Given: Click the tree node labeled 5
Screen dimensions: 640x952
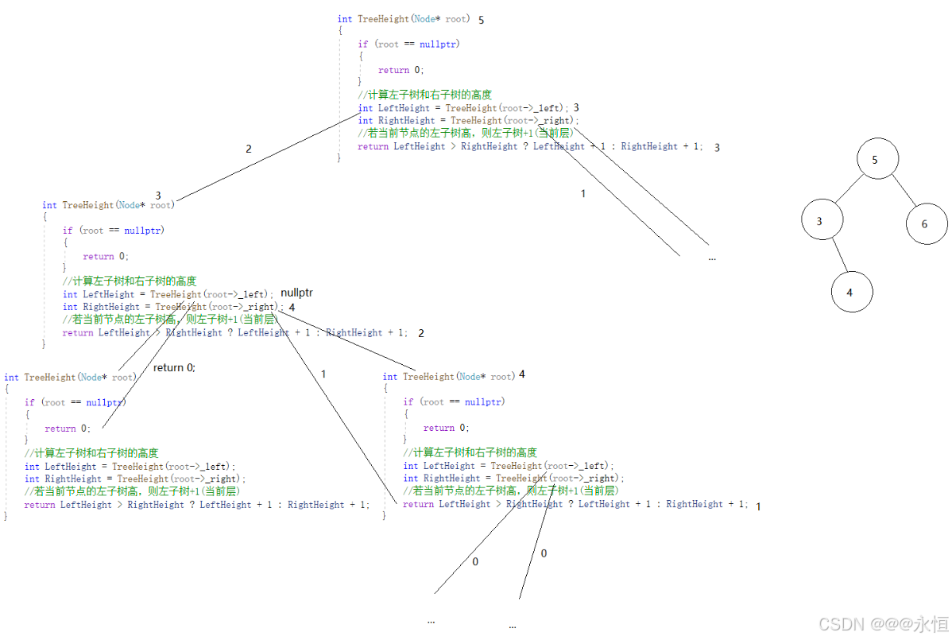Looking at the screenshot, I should (877, 160).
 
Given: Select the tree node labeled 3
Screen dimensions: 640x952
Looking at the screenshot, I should (821, 221).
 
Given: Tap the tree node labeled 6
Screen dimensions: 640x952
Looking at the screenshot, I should (926, 223).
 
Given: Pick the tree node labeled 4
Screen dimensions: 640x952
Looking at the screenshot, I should (851, 292).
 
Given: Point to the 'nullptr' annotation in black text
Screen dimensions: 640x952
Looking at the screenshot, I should (296, 293).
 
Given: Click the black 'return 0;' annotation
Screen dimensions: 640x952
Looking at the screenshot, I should (174, 367).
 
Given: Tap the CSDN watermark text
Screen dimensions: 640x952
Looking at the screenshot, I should (883, 624).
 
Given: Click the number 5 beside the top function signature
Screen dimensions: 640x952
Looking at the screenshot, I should (482, 19).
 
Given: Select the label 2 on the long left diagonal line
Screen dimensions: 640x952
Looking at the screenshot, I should (249, 149).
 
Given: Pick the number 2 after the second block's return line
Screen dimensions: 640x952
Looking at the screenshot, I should (421, 333).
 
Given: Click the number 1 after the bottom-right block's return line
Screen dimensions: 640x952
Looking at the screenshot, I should (758, 506).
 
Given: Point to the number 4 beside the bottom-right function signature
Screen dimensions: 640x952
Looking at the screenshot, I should (522, 374).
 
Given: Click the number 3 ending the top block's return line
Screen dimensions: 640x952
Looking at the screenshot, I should (717, 147).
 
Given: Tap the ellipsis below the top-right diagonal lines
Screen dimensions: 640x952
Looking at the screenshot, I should (711, 258).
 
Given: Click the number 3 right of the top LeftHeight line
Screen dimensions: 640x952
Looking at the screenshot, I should (576, 107).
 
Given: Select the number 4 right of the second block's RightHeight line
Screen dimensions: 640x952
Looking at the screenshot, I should (292, 307).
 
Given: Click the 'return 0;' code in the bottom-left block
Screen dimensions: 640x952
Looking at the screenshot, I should (68, 429).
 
